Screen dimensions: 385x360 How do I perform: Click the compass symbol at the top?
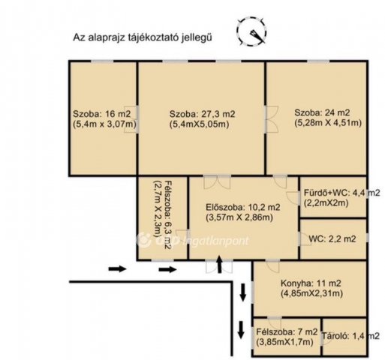[251, 31]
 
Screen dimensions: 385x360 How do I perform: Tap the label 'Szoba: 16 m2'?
[102, 114]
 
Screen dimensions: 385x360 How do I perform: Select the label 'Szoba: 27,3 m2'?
[203, 114]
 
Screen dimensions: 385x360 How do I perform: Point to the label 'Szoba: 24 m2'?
[322, 112]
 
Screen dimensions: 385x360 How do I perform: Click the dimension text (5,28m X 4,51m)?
[328, 123]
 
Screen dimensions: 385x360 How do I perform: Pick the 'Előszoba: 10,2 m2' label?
[243, 207]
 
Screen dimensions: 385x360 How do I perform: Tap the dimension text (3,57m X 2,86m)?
[239, 217]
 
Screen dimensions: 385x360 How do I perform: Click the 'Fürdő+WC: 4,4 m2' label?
[341, 193]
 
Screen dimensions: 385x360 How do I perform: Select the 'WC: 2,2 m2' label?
[332, 239]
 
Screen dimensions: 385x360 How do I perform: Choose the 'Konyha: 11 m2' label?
[311, 283]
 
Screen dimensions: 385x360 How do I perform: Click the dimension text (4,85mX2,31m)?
[311, 293]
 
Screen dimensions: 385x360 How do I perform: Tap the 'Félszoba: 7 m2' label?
[287, 332]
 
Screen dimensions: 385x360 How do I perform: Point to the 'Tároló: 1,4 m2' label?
[350, 336]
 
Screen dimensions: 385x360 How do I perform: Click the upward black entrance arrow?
[219, 264]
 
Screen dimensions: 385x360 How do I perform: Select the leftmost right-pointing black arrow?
[117, 269]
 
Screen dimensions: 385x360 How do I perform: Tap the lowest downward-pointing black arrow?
[241, 330]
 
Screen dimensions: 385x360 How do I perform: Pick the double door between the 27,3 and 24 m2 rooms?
[272, 119]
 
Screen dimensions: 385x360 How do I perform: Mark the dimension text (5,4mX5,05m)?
[200, 124]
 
